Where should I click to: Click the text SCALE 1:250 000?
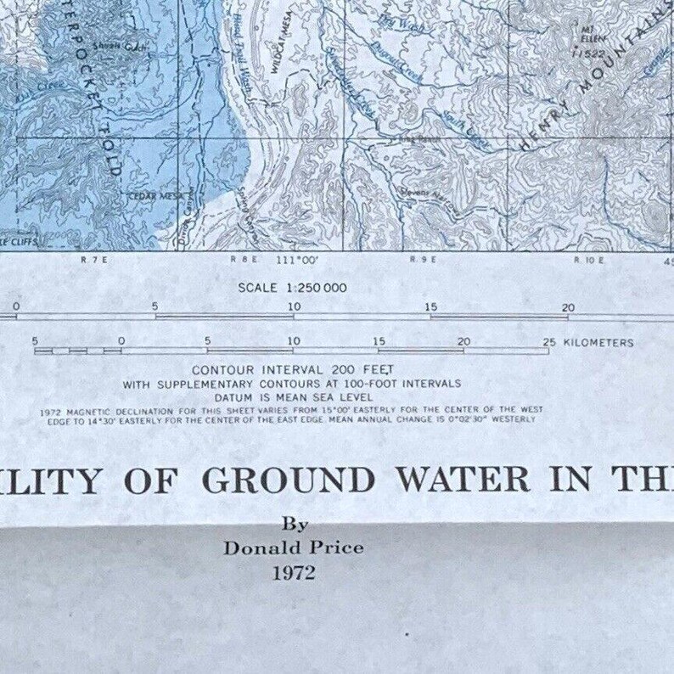pyautogui.click(x=292, y=288)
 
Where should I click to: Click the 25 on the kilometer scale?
pyautogui.click(x=549, y=342)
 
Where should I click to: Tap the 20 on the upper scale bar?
pyautogui.click(x=568, y=307)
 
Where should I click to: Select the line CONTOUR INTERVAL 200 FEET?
pyautogui.click(x=293, y=370)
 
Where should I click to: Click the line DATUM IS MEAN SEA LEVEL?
pyautogui.click(x=293, y=396)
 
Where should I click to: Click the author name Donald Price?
pyautogui.click(x=293, y=548)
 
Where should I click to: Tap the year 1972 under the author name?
pyautogui.click(x=293, y=573)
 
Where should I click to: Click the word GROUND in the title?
pyautogui.click(x=289, y=480)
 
